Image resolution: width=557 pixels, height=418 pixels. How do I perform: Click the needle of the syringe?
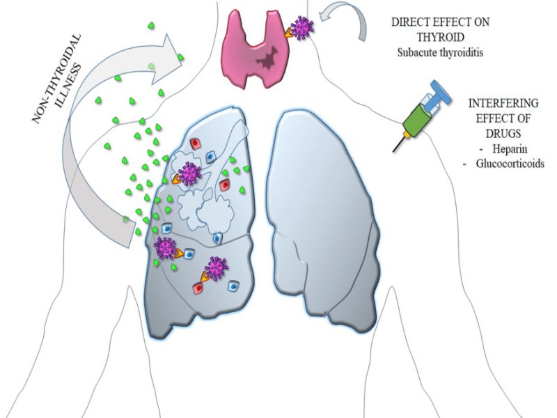point(398,143)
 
